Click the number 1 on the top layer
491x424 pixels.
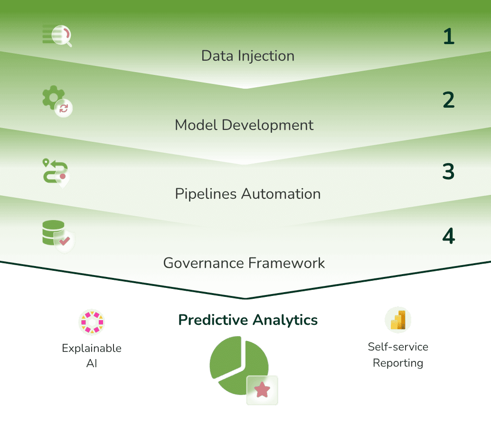point(449,37)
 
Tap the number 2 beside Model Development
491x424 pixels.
point(448,100)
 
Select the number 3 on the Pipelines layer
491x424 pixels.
point(448,171)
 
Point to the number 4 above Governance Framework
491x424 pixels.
point(448,236)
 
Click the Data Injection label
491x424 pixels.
point(248,56)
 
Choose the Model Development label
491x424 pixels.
point(244,125)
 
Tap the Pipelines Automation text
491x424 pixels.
point(248,194)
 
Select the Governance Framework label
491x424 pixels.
point(244,263)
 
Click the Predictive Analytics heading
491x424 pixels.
point(248,320)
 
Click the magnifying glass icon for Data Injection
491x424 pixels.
point(57,35)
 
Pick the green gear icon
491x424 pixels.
point(53,97)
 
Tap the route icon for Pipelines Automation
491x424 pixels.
point(56,174)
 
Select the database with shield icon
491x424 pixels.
point(58,237)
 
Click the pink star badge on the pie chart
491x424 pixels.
point(262,390)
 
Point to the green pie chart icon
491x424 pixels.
point(238,365)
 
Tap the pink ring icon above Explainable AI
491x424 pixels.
point(92,322)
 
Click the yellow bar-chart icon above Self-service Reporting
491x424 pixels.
point(398,320)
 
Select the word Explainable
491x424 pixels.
point(92,348)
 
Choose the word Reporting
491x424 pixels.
point(398,363)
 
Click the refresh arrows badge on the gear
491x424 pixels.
point(64,108)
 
